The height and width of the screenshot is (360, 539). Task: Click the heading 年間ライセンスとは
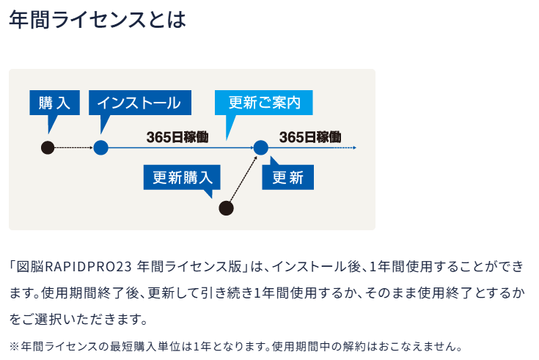(x=98, y=19)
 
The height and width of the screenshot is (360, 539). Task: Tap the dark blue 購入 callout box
(x=55, y=103)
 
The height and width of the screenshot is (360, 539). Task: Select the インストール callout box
(x=140, y=103)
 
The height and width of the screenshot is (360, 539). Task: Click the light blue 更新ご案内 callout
(x=264, y=103)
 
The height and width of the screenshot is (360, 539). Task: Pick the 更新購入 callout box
(x=182, y=177)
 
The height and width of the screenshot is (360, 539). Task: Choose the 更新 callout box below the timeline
(x=287, y=177)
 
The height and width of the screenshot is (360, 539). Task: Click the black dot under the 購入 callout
(x=48, y=148)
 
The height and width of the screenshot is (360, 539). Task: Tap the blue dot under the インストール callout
(x=100, y=148)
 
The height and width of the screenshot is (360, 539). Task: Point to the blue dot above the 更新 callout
(x=261, y=148)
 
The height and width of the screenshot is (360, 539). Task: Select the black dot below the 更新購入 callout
(x=226, y=208)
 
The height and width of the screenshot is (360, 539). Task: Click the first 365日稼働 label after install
(x=177, y=137)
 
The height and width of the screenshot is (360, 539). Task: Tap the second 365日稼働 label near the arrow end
(x=310, y=137)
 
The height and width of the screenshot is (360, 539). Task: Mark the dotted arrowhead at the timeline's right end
(x=354, y=148)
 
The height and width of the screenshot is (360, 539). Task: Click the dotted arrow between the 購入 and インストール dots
(x=74, y=148)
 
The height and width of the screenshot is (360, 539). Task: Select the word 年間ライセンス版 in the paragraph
(x=189, y=266)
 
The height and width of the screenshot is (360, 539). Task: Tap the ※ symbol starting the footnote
(x=14, y=346)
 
